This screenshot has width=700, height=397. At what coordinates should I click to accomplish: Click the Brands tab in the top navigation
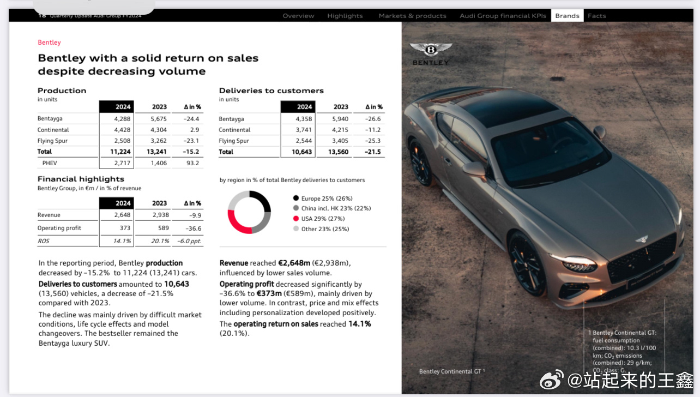pos(567,16)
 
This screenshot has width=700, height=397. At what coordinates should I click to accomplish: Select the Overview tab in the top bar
pos(298,16)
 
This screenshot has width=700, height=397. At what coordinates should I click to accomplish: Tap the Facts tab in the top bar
pos(596,16)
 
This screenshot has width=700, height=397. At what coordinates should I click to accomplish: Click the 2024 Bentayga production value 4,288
pos(122,119)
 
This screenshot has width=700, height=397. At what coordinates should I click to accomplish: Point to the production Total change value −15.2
pos(191,152)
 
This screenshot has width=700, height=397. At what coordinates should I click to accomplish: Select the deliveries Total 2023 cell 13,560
pos(338,152)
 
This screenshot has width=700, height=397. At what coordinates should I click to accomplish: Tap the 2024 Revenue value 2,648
pos(122,215)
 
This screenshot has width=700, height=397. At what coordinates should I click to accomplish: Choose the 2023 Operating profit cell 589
pos(159,228)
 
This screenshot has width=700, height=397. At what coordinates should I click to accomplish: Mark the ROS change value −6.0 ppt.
pos(189,241)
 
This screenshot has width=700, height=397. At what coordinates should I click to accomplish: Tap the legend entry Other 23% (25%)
pos(324,229)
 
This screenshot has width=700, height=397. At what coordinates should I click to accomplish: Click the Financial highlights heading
pos(81,179)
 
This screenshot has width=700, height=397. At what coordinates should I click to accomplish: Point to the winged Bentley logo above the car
pos(431,50)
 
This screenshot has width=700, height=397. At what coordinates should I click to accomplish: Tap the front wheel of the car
pos(527,267)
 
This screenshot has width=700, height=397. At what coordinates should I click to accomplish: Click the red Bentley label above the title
pos(49,43)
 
